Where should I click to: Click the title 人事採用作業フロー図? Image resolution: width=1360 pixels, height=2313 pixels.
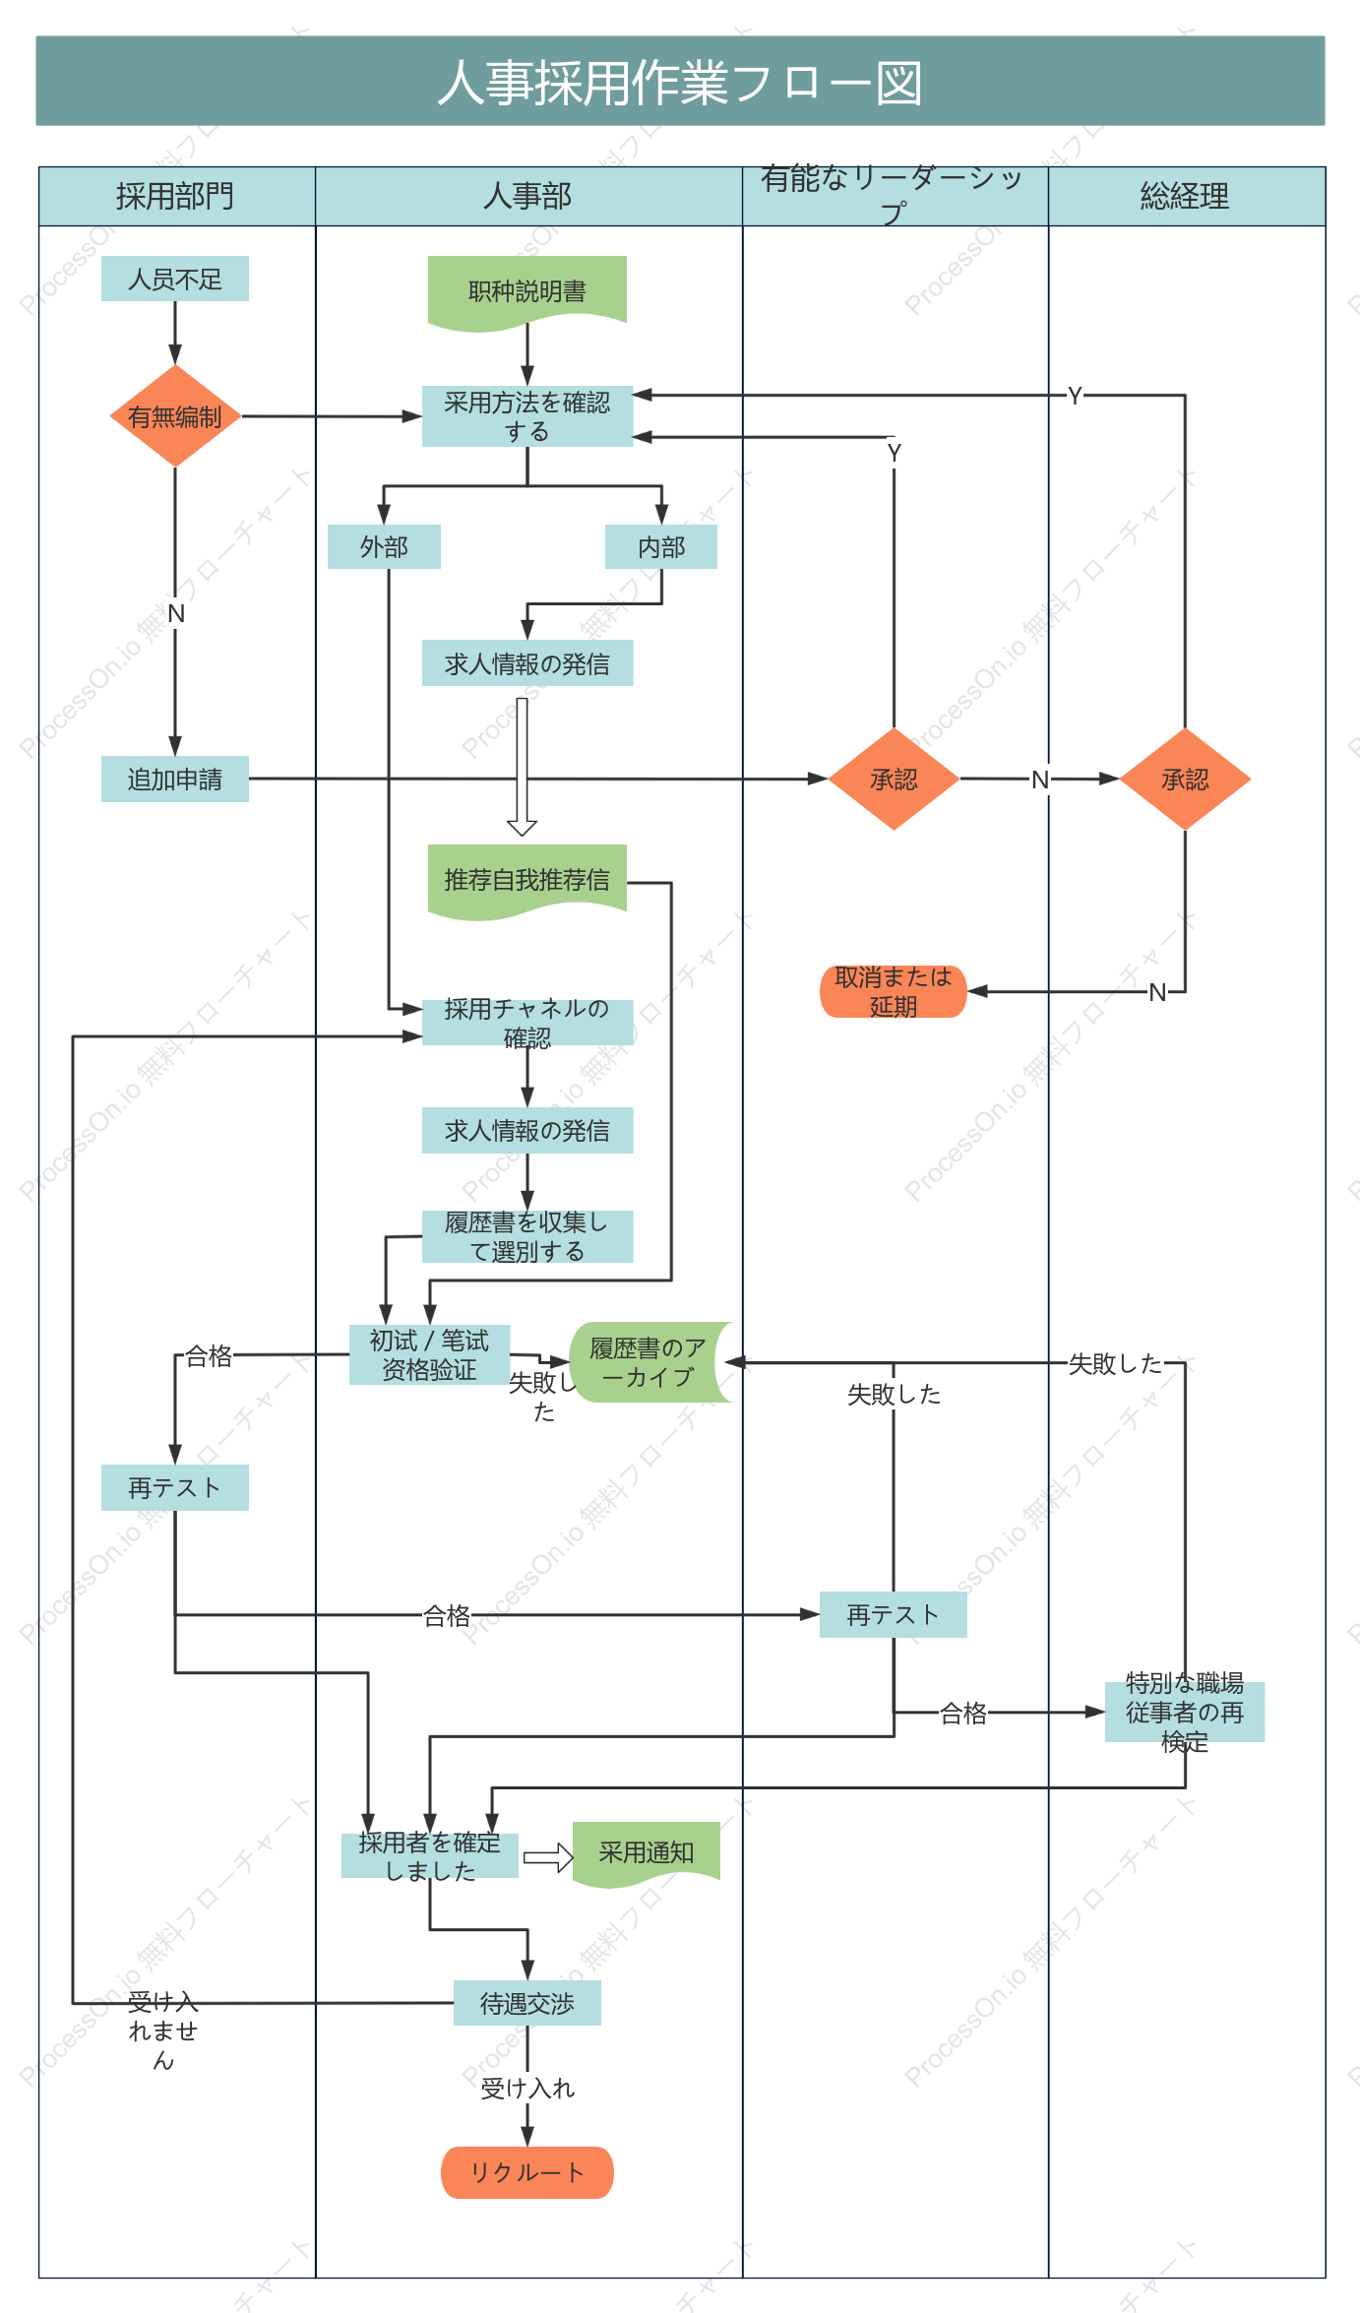click(680, 82)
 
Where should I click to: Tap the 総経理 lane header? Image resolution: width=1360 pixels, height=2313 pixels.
click(1186, 196)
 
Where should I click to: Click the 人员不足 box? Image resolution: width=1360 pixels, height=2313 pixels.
click(175, 279)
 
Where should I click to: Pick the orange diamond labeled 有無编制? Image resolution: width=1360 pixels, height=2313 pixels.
click(175, 416)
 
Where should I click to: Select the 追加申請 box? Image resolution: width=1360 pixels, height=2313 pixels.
click(175, 779)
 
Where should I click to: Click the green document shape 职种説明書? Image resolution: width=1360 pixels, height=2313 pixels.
click(527, 292)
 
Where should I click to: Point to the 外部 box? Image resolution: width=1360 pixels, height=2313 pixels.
click(384, 546)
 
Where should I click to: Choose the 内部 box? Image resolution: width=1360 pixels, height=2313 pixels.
click(661, 546)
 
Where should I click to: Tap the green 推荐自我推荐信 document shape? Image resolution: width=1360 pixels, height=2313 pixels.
click(527, 881)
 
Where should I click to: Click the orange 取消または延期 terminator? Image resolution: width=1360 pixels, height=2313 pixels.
click(894, 991)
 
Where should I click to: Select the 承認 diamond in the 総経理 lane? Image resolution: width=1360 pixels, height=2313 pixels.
click(1185, 779)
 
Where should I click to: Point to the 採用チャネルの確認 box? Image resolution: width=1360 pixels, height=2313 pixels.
click(527, 1023)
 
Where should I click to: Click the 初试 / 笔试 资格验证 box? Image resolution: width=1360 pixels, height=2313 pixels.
click(429, 1354)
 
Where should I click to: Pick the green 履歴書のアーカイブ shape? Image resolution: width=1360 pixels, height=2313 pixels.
click(649, 1362)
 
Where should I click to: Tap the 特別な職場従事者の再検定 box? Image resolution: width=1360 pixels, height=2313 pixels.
click(1185, 1712)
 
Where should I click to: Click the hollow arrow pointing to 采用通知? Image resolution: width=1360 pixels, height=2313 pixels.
click(548, 1857)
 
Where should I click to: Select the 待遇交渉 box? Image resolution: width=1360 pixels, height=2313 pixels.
click(527, 2003)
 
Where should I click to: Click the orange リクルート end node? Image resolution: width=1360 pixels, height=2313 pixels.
click(527, 2172)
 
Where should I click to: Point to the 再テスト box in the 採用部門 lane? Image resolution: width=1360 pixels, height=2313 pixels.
click(175, 1487)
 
